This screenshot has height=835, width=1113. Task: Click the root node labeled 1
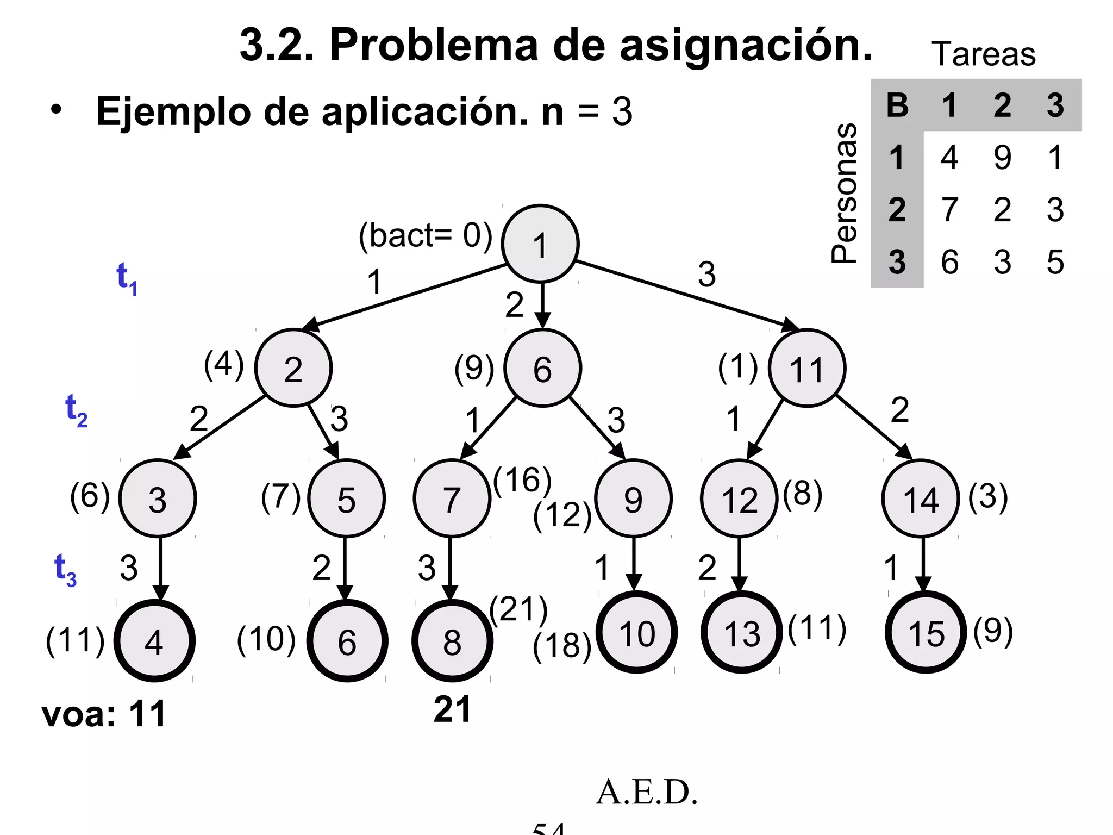(x=540, y=244)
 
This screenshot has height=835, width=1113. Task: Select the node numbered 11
(x=807, y=368)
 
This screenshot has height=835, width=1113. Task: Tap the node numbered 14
(x=921, y=498)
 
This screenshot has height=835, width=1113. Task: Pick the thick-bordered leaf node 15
(x=926, y=632)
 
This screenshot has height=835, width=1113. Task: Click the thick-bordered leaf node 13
(x=742, y=632)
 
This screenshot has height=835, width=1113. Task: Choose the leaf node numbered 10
(x=636, y=632)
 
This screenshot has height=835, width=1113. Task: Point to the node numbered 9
(x=633, y=498)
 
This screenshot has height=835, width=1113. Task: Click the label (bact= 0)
(x=426, y=236)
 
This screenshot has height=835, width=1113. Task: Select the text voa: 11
(x=104, y=713)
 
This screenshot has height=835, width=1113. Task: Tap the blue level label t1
(x=127, y=278)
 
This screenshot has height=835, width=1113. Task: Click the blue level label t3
(x=65, y=570)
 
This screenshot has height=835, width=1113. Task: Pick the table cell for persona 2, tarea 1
(x=949, y=209)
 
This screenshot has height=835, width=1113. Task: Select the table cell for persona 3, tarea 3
(x=1055, y=261)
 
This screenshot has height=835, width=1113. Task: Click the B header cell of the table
(x=897, y=105)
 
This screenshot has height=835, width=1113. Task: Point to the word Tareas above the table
(x=983, y=54)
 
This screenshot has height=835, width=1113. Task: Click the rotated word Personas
(x=844, y=194)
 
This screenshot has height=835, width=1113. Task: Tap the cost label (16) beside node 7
(x=522, y=479)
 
